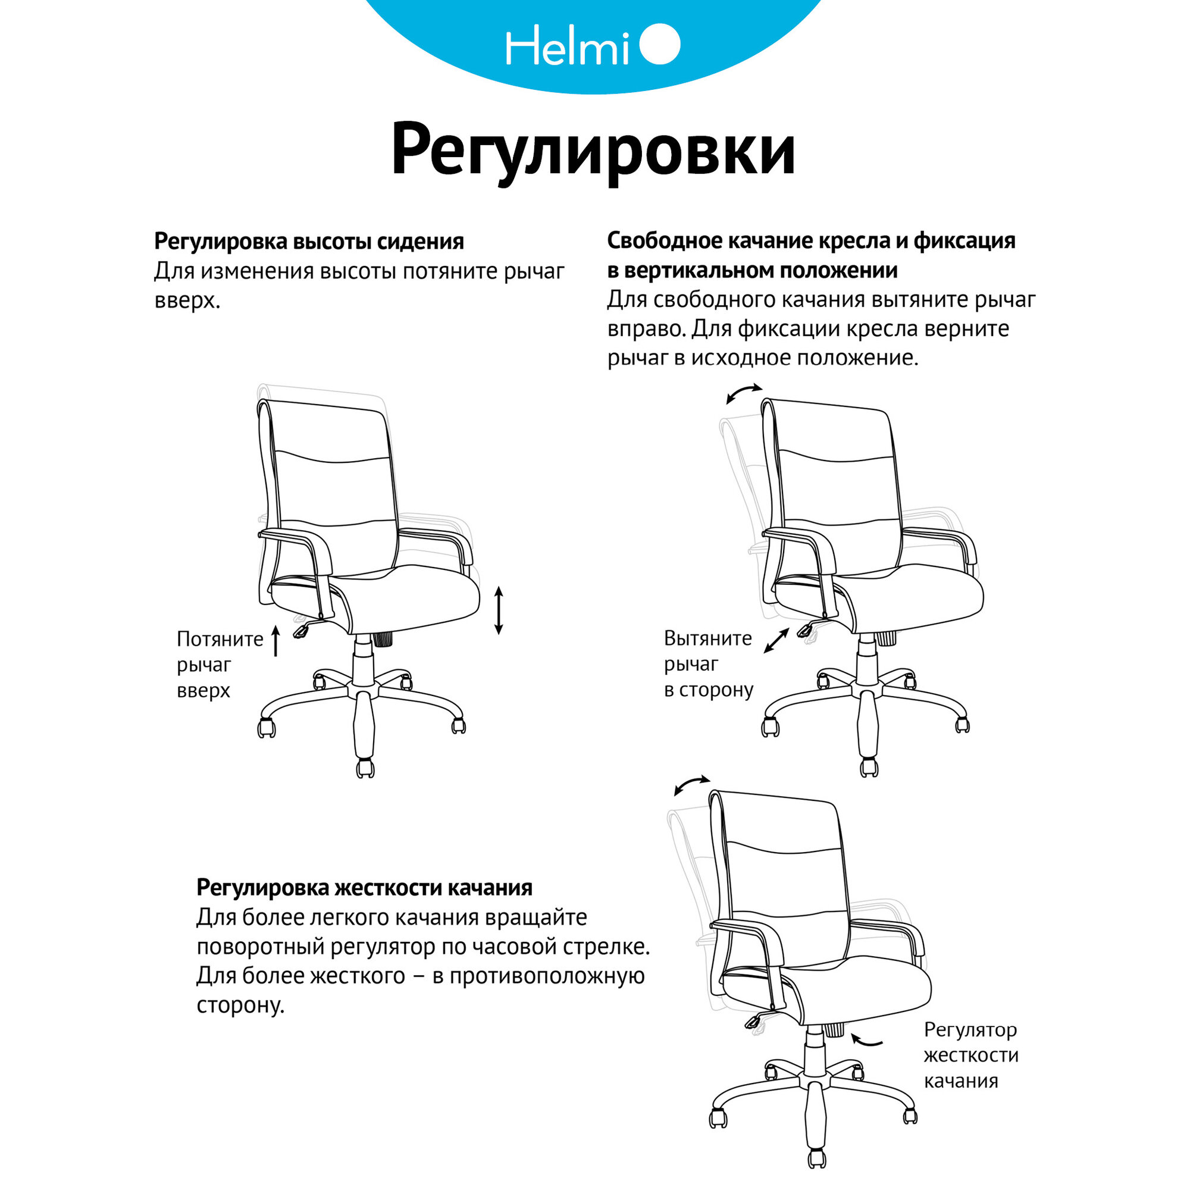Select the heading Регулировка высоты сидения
(309, 242)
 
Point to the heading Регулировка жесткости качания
(364, 888)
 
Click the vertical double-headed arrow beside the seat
(499, 610)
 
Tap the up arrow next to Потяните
(276, 640)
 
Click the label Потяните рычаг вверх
(220, 665)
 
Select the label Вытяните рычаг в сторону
(708, 664)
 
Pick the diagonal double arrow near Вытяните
(776, 641)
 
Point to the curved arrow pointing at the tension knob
(867, 1041)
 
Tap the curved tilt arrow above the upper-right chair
(744, 393)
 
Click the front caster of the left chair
(365, 768)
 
